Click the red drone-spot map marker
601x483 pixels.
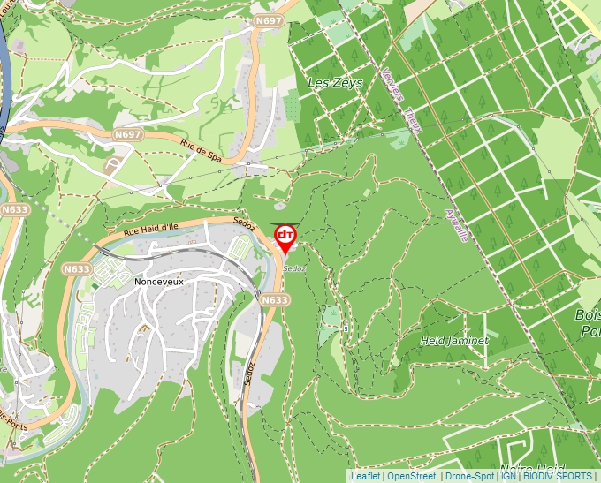tap(285, 237)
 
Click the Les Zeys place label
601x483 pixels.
tap(329, 83)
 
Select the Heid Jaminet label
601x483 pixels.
tap(454, 340)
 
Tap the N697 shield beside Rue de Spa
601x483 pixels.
tap(127, 134)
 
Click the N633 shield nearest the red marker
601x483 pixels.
tap(275, 300)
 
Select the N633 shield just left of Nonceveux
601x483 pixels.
tap(77, 268)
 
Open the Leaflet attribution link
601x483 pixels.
tap(365, 476)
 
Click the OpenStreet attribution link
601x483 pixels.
tap(412, 476)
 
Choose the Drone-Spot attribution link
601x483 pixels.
tap(469, 476)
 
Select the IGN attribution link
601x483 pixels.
tap(509, 476)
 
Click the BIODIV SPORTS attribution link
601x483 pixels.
tap(558, 476)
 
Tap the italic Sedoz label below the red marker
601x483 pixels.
tap(295, 268)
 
